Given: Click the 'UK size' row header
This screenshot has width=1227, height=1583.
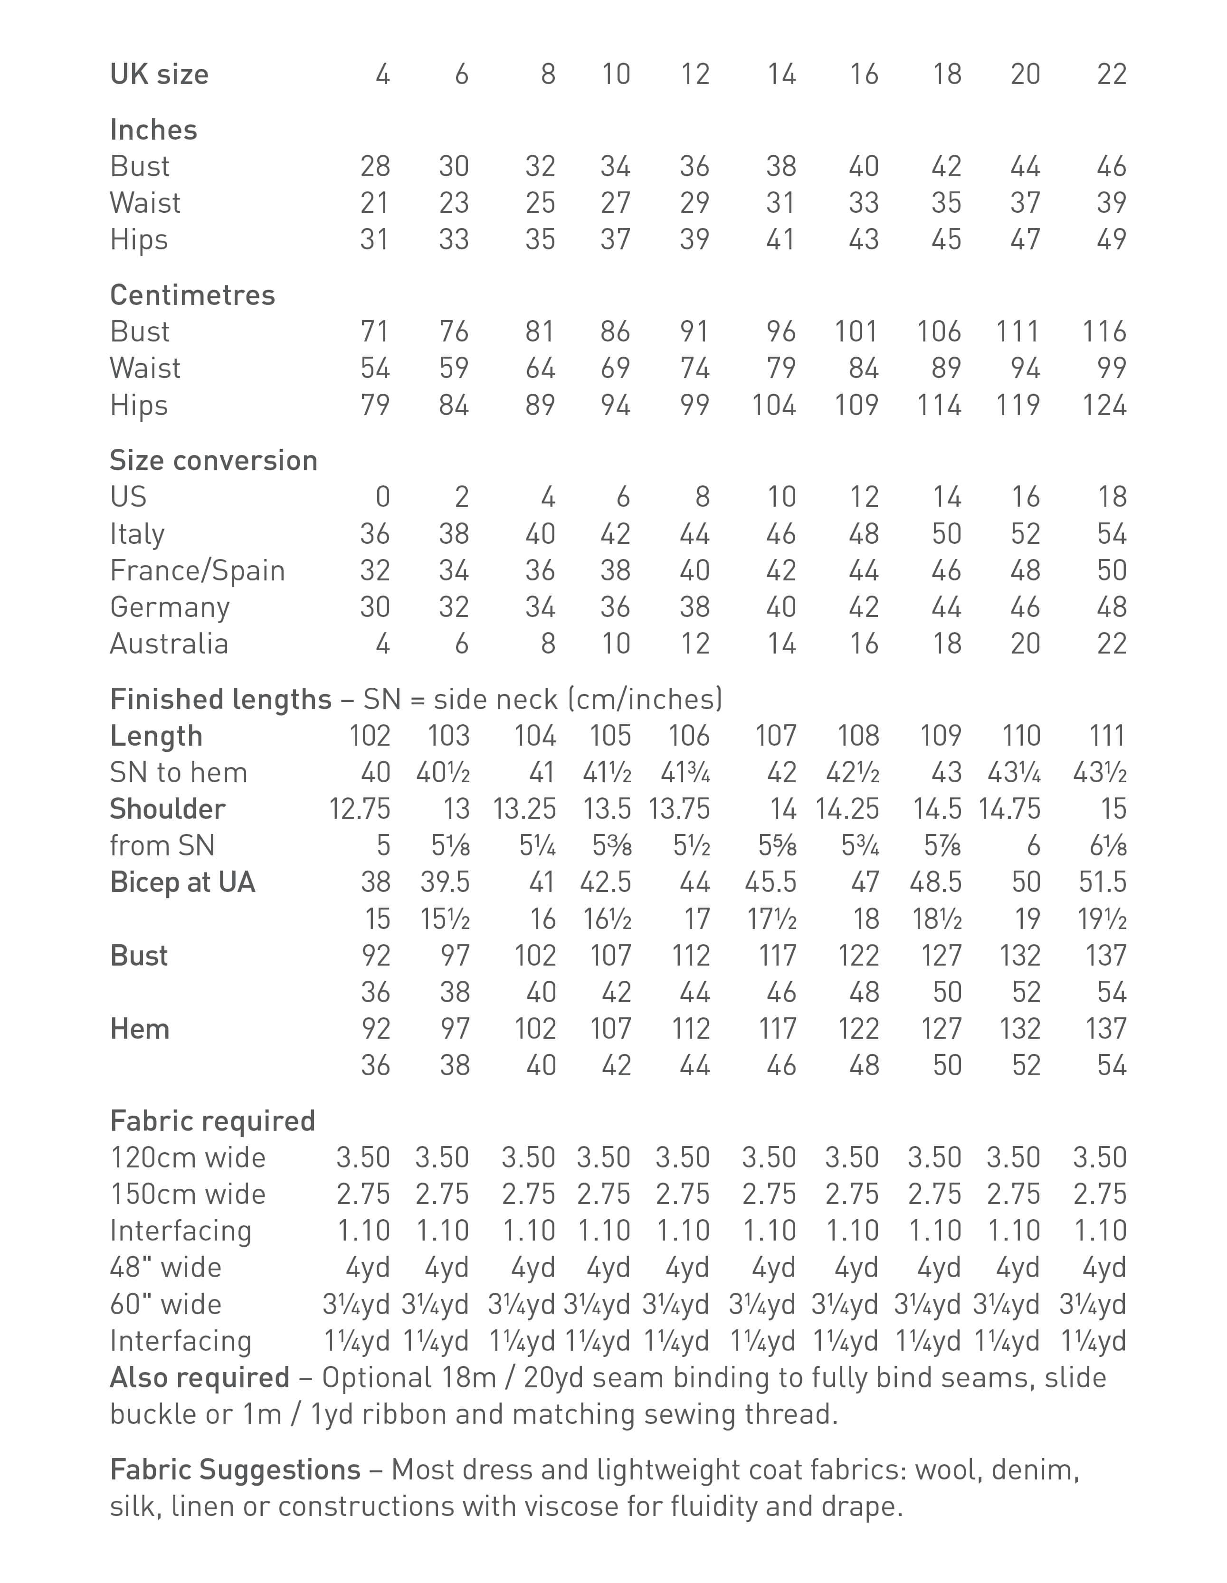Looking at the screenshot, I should pyautogui.click(x=159, y=75).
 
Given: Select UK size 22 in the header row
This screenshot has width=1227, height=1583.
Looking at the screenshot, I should pyautogui.click(x=1111, y=75).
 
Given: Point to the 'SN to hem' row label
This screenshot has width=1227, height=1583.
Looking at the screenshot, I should pyautogui.click(x=178, y=773).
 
